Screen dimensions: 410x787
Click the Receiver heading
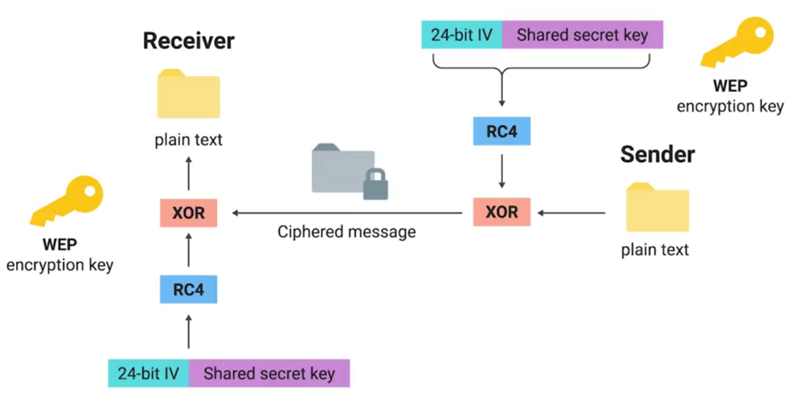[x=188, y=41]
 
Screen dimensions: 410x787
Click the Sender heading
[x=657, y=155]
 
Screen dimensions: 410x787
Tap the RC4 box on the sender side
[x=501, y=132]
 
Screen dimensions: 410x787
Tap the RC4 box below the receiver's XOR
[x=188, y=289]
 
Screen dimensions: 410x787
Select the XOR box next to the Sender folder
[x=501, y=212]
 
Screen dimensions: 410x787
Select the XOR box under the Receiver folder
[x=188, y=213]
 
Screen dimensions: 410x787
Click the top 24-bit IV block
[x=461, y=35]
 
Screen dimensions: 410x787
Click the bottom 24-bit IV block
[x=148, y=373]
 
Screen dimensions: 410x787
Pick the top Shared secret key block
[x=582, y=35]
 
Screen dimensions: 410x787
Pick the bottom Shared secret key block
[x=269, y=373]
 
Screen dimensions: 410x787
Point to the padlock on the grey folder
[x=375, y=184]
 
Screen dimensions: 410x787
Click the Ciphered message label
[x=347, y=232]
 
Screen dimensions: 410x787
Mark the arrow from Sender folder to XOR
[x=571, y=213]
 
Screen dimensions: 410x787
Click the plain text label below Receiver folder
[x=188, y=139]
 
